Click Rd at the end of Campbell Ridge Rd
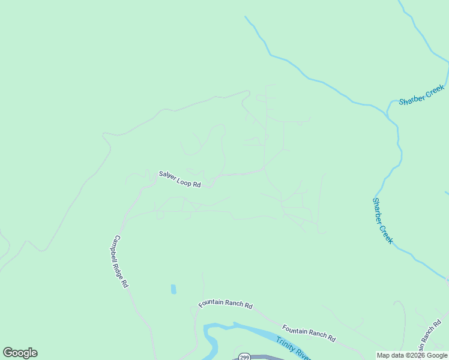pos(126,284)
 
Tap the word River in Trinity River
pos(303,356)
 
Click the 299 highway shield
pos(243,356)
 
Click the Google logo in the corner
pos(20,353)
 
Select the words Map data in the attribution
pos(390,355)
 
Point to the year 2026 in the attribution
pos(417,355)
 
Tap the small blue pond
pos(173,289)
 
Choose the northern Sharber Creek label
pos(421,95)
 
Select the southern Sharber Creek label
pos(382,220)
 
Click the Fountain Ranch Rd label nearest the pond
pos(226,304)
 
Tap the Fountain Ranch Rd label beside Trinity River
pos(309,333)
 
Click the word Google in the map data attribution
pos(436,355)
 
